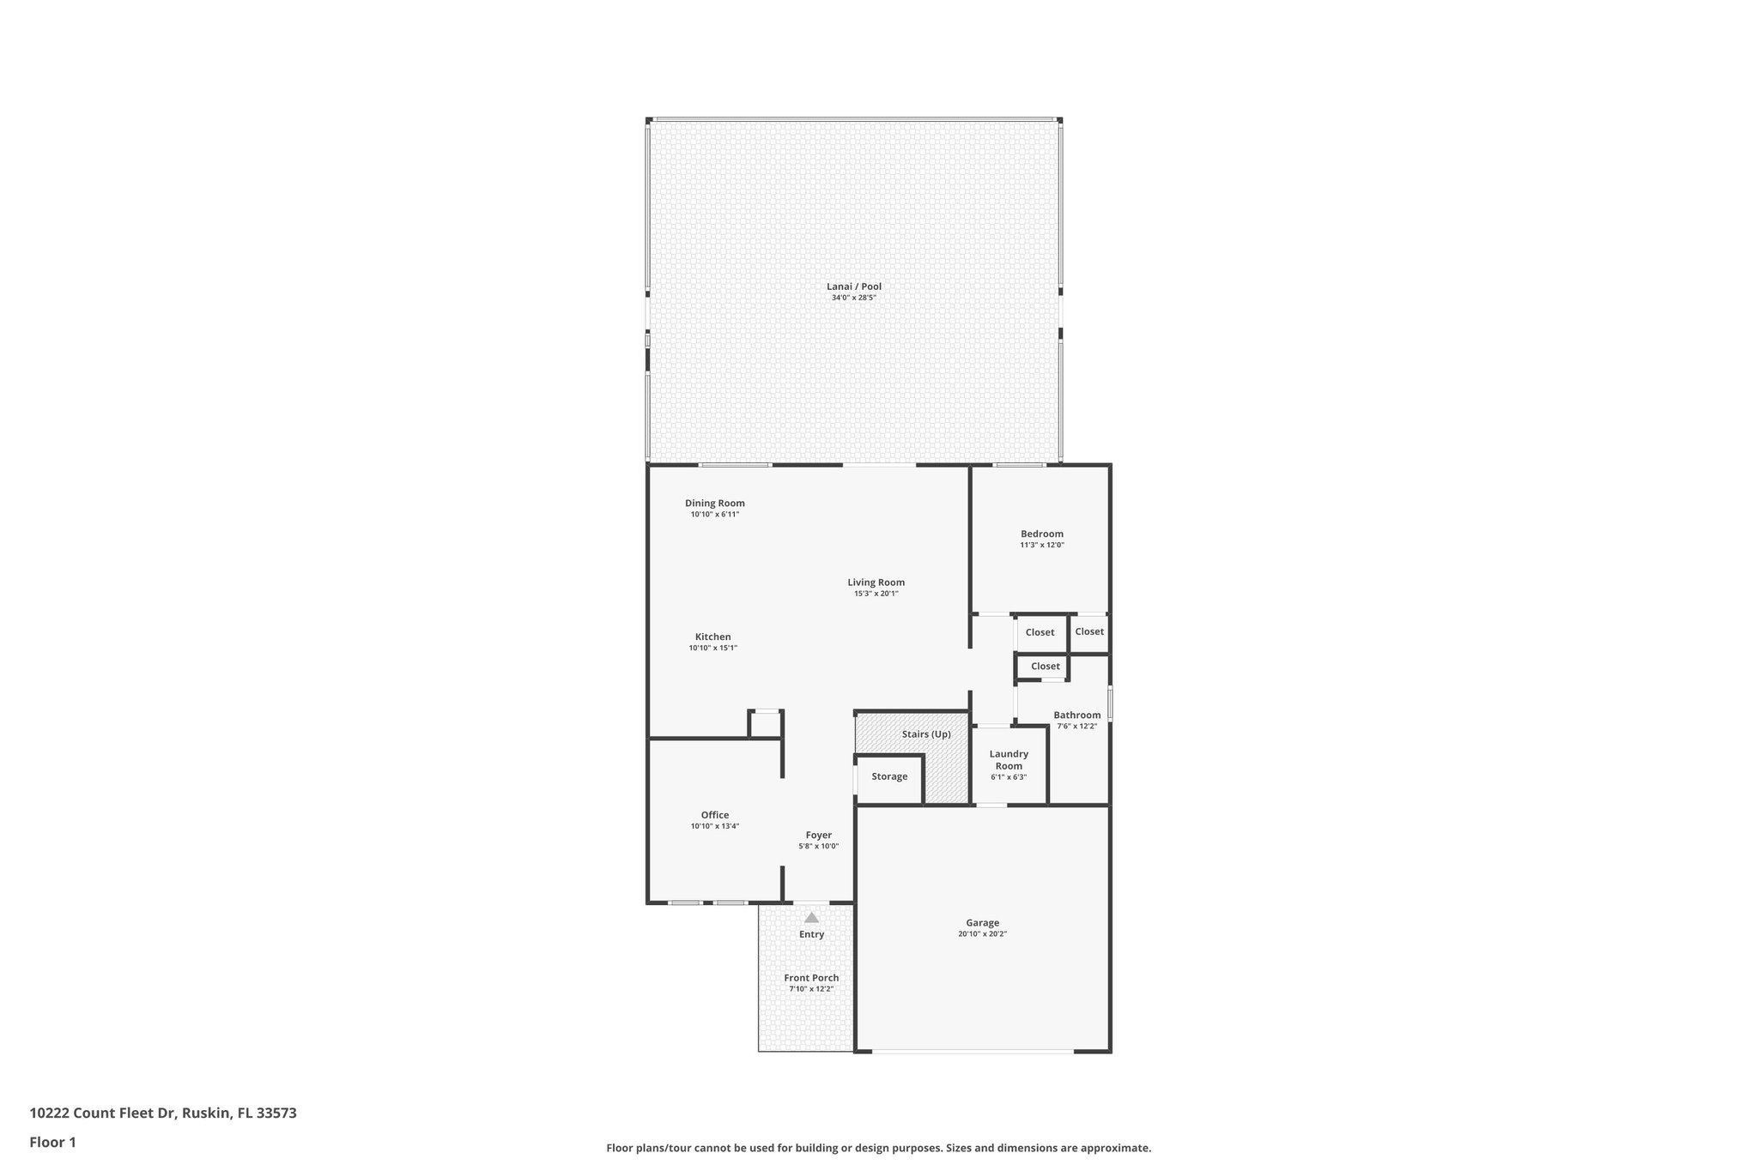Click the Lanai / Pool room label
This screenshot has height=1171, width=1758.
pos(853,287)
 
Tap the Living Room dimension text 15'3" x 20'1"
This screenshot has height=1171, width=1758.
pos(876,594)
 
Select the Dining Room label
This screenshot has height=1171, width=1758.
pos(714,504)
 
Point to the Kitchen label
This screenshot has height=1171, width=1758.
pos(712,637)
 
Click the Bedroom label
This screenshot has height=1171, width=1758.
pos(1041,534)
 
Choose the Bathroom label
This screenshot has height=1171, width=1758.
pos(1076,715)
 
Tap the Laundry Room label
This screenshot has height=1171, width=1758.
pos(1009,759)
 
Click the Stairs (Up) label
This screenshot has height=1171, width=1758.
pos(926,734)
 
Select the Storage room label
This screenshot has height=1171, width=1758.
pos(889,776)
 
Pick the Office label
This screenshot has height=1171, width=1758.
pos(714,815)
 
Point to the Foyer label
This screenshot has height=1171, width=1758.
pos(818,835)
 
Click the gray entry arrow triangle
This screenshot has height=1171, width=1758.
pos(811,917)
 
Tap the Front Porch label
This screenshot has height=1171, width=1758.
pos(811,978)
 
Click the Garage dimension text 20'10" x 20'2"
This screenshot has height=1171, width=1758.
pos(982,934)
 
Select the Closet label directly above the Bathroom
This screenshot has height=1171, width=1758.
pos(1045,666)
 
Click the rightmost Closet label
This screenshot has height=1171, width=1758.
pos(1088,631)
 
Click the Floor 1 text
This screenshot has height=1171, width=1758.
pos(52,1142)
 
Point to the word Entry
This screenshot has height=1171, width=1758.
pos(811,934)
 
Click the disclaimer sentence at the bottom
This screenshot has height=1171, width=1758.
pos(878,1148)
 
